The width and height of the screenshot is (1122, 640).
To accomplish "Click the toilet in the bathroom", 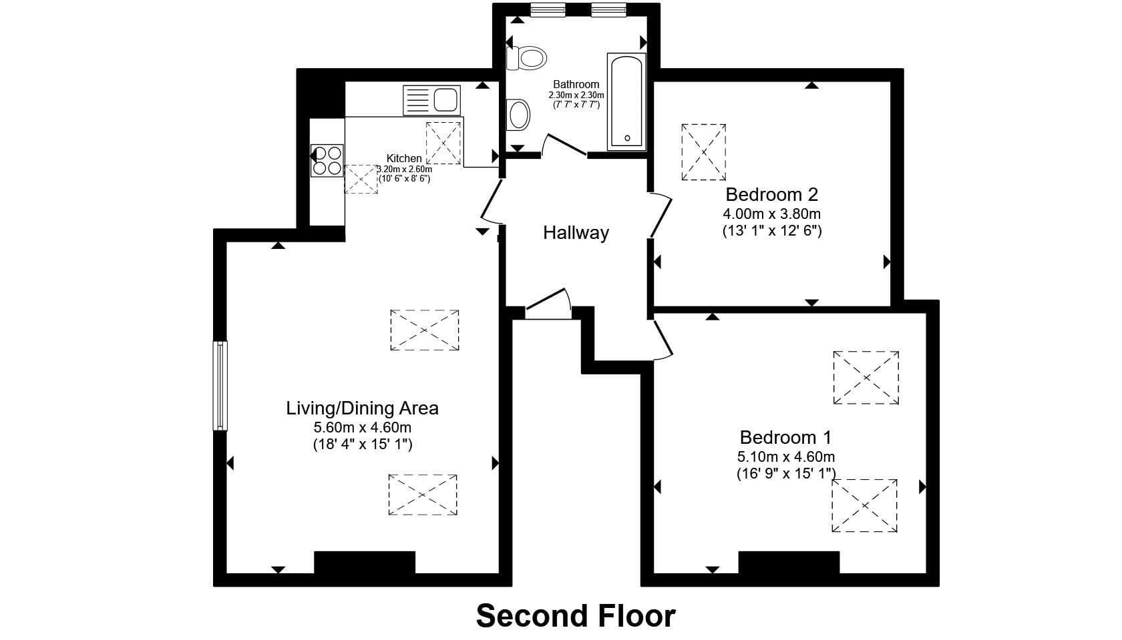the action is [x=526, y=58].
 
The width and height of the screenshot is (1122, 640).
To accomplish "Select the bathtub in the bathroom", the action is [x=626, y=101].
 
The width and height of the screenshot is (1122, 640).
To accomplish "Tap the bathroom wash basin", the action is [x=518, y=115].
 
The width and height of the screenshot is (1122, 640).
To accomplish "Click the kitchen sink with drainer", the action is [x=431, y=100].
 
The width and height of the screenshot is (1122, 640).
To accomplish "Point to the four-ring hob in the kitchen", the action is [x=327, y=160].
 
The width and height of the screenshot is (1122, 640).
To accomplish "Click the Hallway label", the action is [x=576, y=233].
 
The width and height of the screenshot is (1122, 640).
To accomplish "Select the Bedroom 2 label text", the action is [x=771, y=194].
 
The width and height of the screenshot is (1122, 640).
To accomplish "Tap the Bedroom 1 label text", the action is [x=785, y=437].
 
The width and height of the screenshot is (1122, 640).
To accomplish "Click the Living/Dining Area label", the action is [x=362, y=408].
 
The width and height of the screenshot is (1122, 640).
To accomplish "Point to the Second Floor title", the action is [x=576, y=615].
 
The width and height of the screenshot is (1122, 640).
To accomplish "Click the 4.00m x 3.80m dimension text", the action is [x=771, y=214].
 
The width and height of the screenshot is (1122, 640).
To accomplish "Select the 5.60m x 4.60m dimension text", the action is [x=362, y=428].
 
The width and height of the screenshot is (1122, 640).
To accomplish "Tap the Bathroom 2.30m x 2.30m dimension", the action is [x=576, y=95].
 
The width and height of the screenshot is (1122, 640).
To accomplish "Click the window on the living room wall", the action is [x=220, y=385].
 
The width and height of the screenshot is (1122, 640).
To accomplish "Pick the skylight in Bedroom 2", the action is [x=703, y=152].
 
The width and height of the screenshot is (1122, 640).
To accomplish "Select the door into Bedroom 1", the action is [x=663, y=340].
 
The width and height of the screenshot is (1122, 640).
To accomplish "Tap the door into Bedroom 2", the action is [x=661, y=215].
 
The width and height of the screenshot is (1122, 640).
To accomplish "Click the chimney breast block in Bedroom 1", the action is [x=789, y=563].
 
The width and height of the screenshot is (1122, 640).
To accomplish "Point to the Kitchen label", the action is [x=403, y=158].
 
